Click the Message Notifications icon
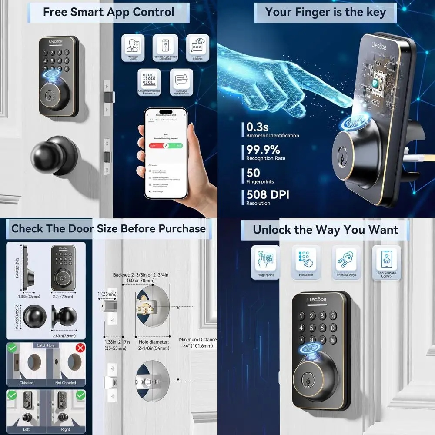tap(182, 80)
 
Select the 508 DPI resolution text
tap(268, 194)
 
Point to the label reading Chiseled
tap(26, 383)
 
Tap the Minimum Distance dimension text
tap(198, 342)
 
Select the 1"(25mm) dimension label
tap(107, 294)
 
